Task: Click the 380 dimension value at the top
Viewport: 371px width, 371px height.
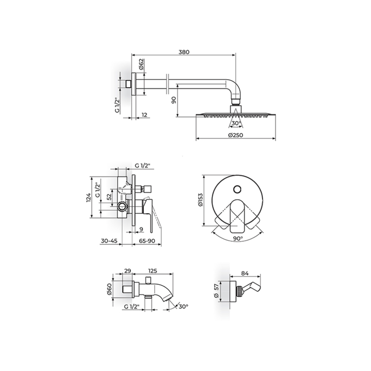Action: click(x=184, y=52)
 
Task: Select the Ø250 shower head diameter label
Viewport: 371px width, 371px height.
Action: click(x=236, y=135)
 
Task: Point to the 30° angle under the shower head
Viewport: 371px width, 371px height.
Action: click(x=236, y=123)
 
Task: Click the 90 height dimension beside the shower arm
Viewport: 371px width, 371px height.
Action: click(x=174, y=100)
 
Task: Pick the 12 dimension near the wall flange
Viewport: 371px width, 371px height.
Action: click(x=144, y=115)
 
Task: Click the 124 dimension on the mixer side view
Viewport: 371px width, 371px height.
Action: click(x=88, y=197)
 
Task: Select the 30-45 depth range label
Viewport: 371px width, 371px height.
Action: click(x=109, y=241)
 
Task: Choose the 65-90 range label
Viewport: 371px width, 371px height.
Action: click(x=147, y=241)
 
